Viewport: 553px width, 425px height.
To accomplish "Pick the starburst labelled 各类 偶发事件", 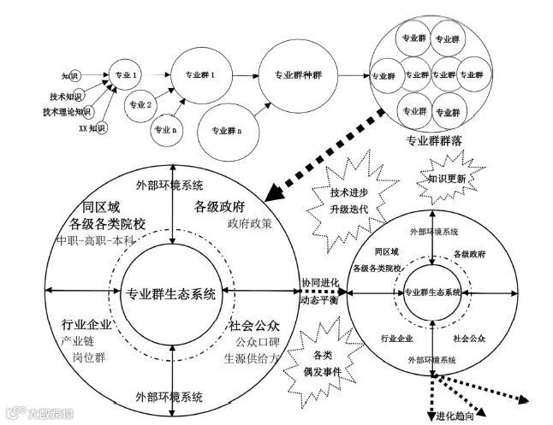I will coord(324,360).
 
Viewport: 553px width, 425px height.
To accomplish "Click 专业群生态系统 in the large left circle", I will coord(171,294).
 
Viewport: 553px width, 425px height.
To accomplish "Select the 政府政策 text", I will coord(249,225).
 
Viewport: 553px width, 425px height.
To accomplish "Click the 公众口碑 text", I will coord(251,343).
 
